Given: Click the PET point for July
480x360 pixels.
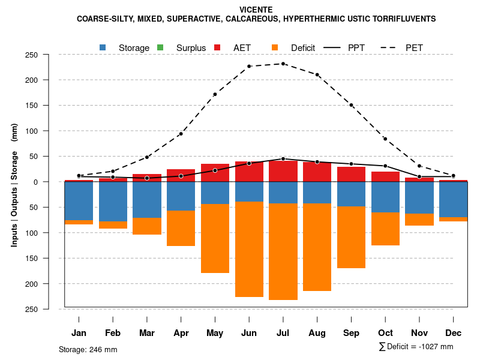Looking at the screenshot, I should click(x=283, y=64).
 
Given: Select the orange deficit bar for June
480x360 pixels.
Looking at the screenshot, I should click(x=249, y=249).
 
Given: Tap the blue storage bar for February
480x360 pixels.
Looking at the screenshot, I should click(x=113, y=202).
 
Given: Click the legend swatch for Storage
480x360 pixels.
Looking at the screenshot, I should click(x=103, y=47).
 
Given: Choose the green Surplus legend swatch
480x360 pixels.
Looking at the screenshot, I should click(x=160, y=47).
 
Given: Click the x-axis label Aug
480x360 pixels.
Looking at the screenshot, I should click(x=317, y=333).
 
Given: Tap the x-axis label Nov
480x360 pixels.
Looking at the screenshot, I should click(x=419, y=333).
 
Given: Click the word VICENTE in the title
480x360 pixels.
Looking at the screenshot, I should click(x=256, y=10).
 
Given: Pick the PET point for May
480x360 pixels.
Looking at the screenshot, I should click(x=215, y=94).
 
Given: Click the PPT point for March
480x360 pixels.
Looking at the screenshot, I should click(x=147, y=178).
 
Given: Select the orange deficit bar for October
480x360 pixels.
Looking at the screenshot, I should click(x=385, y=229).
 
